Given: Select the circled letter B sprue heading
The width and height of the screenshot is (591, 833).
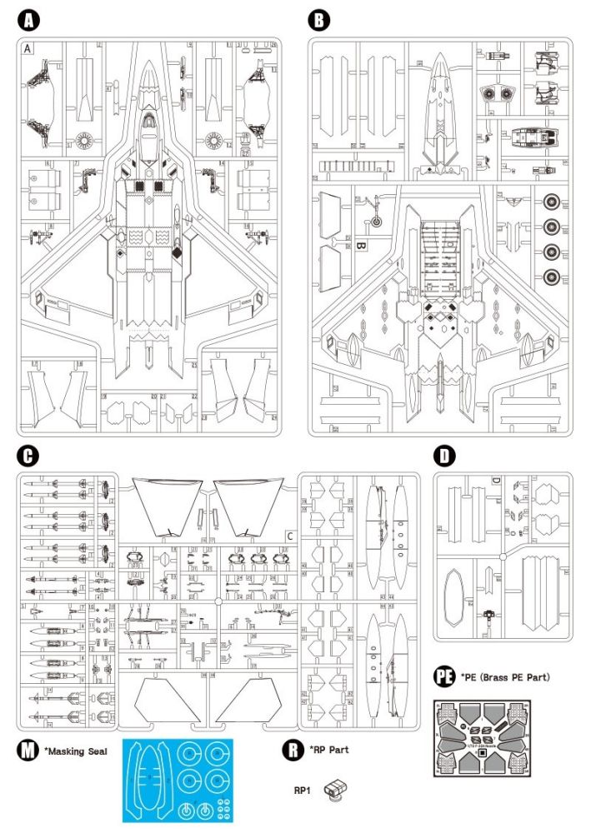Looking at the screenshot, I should [319, 18].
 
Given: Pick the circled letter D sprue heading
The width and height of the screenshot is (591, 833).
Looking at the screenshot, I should [446, 456].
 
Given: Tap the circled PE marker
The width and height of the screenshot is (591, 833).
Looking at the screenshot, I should [444, 677].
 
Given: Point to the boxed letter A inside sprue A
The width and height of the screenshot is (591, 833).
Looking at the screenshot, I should [28, 48].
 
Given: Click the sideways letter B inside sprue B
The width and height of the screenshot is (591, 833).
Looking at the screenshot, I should [362, 247].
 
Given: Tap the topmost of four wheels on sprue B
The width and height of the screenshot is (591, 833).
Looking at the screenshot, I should [552, 202].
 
